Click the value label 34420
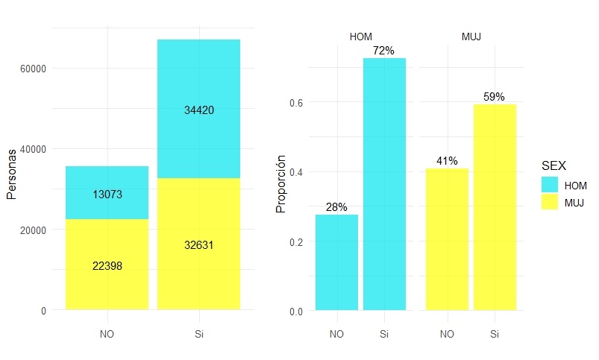(199, 110)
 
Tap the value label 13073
(107, 195)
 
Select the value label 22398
(107, 265)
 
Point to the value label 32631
(199, 245)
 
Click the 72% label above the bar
(384, 50)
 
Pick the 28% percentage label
(336, 207)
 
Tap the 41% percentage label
(447, 161)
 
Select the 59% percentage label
(494, 97)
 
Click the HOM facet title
(360, 35)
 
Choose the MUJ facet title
(471, 35)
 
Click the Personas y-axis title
(11, 173)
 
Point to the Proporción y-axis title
(281, 184)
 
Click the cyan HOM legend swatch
(550, 184)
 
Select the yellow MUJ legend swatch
(550, 201)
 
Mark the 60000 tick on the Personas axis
(33, 69)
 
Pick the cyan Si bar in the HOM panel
(384, 186)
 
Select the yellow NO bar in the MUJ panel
(447, 239)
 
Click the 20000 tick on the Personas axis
(33, 230)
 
